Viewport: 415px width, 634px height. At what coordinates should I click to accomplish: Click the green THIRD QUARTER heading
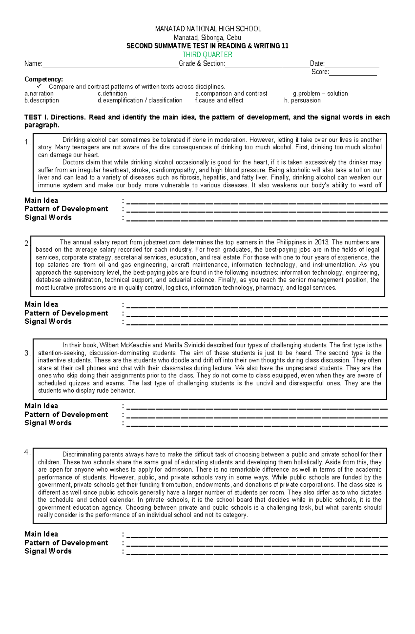tap(207, 55)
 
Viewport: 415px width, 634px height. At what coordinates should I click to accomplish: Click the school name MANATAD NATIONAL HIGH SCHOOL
tap(208, 29)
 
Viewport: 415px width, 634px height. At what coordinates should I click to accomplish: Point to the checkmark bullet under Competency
tap(39, 86)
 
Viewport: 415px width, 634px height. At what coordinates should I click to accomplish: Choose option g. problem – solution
tap(320, 94)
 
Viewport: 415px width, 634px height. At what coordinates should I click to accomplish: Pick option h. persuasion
tap(302, 101)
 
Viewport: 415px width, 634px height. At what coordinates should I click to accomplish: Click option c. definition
tap(112, 94)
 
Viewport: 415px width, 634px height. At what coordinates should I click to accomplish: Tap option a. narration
tap(39, 94)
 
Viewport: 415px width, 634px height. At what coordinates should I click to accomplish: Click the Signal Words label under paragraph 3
tap(48, 423)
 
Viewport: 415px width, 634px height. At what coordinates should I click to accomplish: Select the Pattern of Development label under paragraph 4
tap(66, 543)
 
